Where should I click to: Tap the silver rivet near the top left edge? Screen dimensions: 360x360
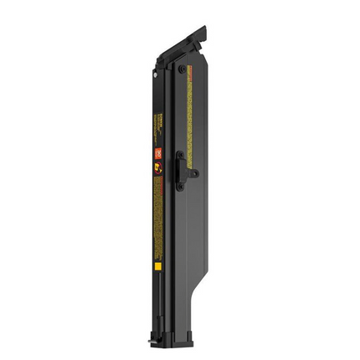pos(155,74)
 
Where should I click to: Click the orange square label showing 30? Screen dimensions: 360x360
pos(156,152)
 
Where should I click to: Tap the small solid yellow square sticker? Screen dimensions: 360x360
pos(157,265)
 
